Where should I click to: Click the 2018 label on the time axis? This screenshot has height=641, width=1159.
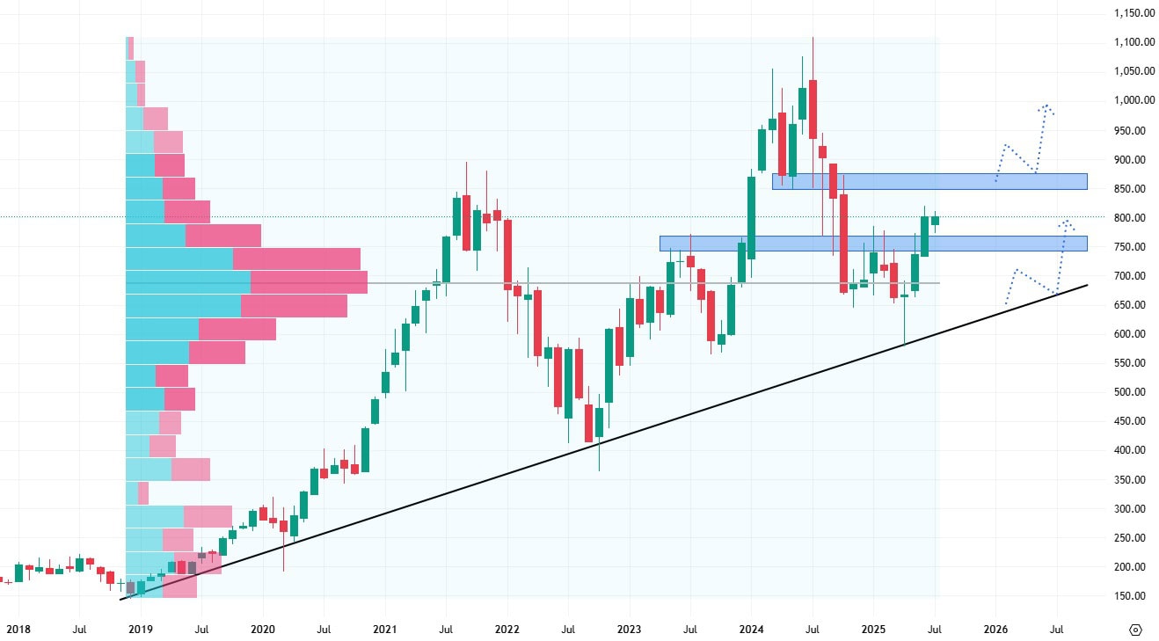[x=18, y=630]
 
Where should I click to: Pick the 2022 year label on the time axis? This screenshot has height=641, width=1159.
[x=507, y=630]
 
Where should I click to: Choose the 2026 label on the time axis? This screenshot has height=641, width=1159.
[x=995, y=630]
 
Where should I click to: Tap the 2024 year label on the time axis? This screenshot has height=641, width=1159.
[x=751, y=630]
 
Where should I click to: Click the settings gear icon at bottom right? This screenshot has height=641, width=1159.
[x=1134, y=630]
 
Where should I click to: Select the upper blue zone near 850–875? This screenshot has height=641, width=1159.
[x=929, y=181]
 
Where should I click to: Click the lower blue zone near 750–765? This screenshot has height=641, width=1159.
[x=872, y=243]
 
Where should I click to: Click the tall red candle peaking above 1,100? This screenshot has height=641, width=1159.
[x=813, y=106]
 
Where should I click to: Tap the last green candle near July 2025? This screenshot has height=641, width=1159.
[x=935, y=220]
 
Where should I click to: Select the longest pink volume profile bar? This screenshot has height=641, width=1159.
[x=309, y=282]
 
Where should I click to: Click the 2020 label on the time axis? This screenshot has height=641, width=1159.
[x=263, y=630]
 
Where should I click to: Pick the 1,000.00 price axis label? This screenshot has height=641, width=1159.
[x=1129, y=100]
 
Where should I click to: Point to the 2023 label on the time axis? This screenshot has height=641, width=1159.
[x=629, y=630]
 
